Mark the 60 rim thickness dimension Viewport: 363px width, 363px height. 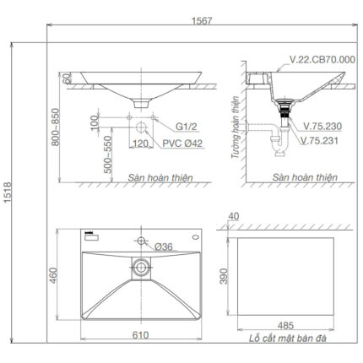65,78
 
